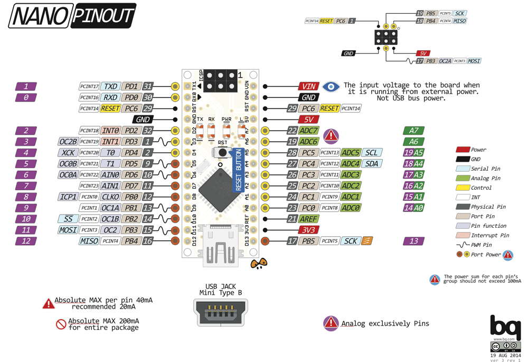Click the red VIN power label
click(x=308, y=86)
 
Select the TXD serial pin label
click(x=110, y=86)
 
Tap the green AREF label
click(x=308, y=219)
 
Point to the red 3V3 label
click(x=308, y=230)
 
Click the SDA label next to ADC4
click(x=372, y=164)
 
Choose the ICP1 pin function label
click(x=68, y=197)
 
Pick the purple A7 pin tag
click(x=413, y=131)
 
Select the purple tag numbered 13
click(x=413, y=241)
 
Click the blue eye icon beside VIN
click(x=331, y=86)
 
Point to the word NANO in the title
click(x=39, y=16)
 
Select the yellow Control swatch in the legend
click(x=463, y=188)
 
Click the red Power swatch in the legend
click(x=463, y=150)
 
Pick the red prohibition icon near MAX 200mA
click(x=61, y=324)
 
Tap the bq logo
click(x=505, y=327)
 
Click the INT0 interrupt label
click(x=110, y=131)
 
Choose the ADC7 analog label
click(x=308, y=131)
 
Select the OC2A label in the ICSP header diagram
click(x=445, y=61)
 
